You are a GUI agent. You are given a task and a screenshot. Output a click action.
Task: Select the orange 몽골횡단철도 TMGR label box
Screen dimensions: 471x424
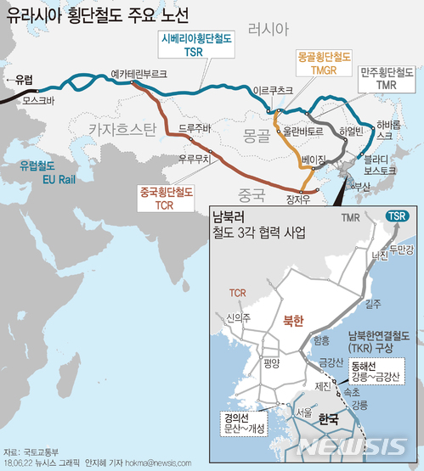(321, 63)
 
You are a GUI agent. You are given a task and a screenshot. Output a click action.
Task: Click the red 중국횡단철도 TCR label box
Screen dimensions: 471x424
(166, 198)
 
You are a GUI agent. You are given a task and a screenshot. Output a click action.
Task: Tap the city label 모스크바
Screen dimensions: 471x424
(39, 100)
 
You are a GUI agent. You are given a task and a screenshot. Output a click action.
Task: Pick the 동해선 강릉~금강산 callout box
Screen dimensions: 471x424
(371, 370)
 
